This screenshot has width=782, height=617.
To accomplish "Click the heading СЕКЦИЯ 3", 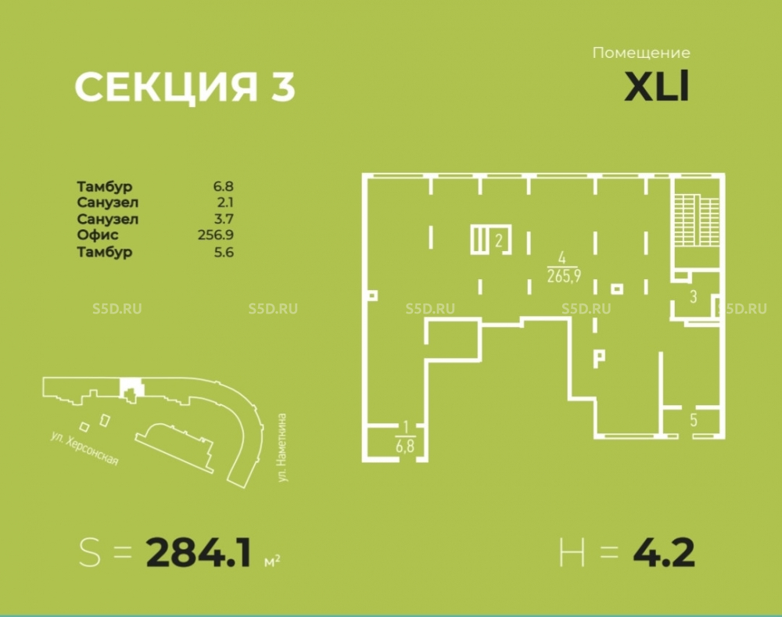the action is [185, 87].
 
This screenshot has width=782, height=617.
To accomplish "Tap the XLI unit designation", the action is [657, 86].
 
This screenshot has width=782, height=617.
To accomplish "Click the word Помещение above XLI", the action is [641, 53].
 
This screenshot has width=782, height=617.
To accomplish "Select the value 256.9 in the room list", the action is [216, 235].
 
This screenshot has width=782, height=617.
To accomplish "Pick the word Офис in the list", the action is [98, 235].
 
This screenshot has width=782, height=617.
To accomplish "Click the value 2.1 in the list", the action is [224, 203].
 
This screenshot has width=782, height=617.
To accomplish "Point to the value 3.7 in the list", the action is [224, 219].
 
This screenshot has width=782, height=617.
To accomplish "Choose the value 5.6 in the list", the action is [224, 252].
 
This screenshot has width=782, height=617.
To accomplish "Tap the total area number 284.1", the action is [199, 553].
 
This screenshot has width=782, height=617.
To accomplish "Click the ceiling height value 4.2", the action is [664, 553].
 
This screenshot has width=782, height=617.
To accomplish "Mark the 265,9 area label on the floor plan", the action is [564, 276].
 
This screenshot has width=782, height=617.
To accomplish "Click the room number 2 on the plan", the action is [499, 241].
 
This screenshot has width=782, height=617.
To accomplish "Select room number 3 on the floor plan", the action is [693, 297].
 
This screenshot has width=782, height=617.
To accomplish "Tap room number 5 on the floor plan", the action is [694, 420].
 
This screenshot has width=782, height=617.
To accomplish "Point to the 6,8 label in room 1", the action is [405, 445].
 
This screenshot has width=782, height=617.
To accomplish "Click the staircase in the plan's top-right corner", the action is [698, 221].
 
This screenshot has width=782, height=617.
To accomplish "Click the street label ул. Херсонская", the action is [84, 448].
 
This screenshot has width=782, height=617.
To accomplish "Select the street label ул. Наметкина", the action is [282, 447].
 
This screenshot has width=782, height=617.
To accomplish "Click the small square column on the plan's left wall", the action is [372, 296].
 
